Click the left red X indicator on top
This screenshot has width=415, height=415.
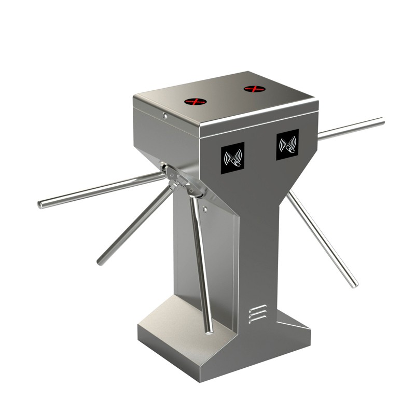pyautogui.click(x=196, y=101)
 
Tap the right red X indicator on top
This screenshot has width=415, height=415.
pyautogui.click(x=255, y=89)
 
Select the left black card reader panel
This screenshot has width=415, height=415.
pyautogui.click(x=233, y=158)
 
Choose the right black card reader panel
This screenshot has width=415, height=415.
pyautogui.click(x=287, y=144)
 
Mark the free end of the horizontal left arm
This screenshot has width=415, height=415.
pyautogui.click(x=40, y=204)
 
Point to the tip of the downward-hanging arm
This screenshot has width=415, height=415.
pyautogui.click(x=209, y=330)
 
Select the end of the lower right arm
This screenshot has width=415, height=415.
pyautogui.click(x=355, y=284)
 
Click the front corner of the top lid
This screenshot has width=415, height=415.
pyautogui.click(x=200, y=125)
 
